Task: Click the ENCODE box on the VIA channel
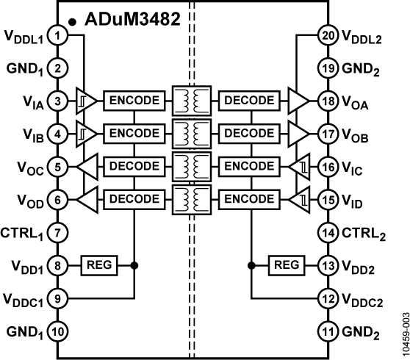(x=132, y=99)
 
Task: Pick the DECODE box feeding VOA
(x=250, y=99)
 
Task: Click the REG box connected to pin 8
(x=99, y=264)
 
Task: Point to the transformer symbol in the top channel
(x=190, y=99)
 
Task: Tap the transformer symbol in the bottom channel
(x=190, y=198)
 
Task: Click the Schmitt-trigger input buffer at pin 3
(x=85, y=99)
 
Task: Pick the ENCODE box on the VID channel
(x=250, y=198)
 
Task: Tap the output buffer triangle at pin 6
(x=86, y=198)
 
